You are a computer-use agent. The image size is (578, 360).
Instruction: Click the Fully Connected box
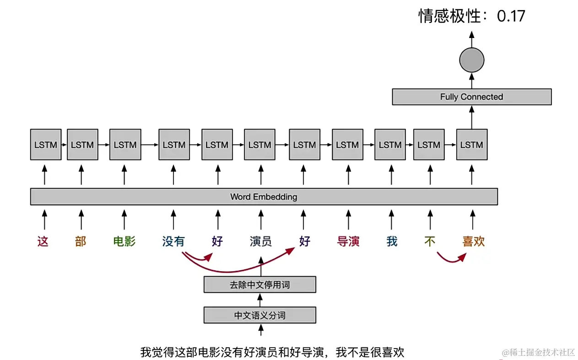[471, 97]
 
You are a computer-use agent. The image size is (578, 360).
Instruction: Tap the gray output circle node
[471, 60]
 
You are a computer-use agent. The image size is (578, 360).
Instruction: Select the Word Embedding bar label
[264, 196]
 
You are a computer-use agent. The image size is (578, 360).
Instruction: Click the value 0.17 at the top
[511, 16]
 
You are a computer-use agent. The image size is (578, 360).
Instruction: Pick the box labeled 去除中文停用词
[259, 284]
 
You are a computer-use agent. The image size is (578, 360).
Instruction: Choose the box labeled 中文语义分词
[259, 315]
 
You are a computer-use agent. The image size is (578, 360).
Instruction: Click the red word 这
[43, 241]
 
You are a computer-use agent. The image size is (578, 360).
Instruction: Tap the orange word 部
[81, 241]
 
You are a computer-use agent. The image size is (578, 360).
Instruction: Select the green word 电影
[124, 241]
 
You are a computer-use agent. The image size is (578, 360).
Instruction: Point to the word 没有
[173, 241]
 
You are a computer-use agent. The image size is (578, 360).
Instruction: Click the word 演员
[260, 241]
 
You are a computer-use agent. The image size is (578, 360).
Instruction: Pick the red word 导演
[348, 241]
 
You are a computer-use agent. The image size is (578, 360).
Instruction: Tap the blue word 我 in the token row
[392, 241]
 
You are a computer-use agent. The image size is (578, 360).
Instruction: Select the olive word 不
[429, 241]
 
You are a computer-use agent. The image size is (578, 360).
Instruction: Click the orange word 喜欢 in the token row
[473, 241]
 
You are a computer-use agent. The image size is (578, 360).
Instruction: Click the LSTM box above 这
[45, 145]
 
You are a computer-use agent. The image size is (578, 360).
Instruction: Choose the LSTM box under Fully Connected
[471, 145]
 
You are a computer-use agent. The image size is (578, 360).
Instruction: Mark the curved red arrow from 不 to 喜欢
[450, 259]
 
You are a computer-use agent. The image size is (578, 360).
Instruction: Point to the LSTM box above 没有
[174, 145]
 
